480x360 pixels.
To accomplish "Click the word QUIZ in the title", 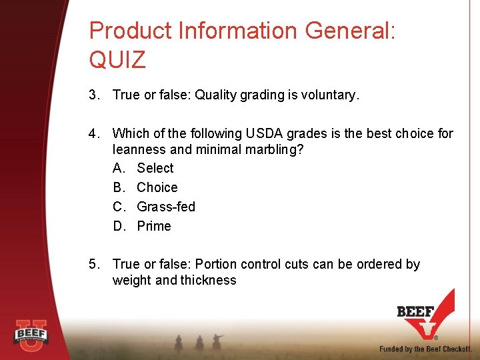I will pyautogui.click(x=117, y=60).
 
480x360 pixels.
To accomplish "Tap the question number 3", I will pyautogui.click(x=94, y=95).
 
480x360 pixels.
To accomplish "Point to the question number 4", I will pyautogui.click(x=94, y=133).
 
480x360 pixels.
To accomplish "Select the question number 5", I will pyautogui.click(x=94, y=264).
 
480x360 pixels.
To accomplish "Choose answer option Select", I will pyautogui.click(x=155, y=168).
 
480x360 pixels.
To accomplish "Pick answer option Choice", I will pyautogui.click(x=157, y=187).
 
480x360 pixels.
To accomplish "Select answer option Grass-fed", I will pyautogui.click(x=166, y=207).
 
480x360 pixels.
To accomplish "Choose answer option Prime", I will pyautogui.click(x=154, y=226).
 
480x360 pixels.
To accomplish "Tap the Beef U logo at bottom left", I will pyautogui.click(x=31, y=333).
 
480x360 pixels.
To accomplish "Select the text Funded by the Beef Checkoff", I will pyautogui.click(x=426, y=349).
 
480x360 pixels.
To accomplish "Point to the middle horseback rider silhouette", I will pyautogui.click(x=199, y=341).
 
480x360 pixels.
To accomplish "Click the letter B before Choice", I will pyautogui.click(x=119, y=187).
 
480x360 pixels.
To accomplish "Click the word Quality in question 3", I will pyautogui.click(x=215, y=95).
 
